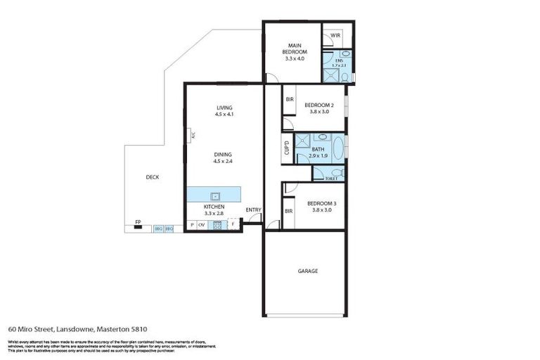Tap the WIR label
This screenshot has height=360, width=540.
click(x=335, y=34)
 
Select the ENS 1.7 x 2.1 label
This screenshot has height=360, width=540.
click(x=340, y=63)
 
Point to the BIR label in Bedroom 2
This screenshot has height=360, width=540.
click(x=289, y=100)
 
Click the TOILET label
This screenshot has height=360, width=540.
click(x=331, y=179)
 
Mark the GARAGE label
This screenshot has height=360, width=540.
click(x=307, y=271)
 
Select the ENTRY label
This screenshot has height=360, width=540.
click(x=253, y=210)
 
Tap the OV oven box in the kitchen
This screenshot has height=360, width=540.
click(x=201, y=225)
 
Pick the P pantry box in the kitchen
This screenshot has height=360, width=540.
click(x=191, y=225)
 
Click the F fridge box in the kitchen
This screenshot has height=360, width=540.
click(x=233, y=225)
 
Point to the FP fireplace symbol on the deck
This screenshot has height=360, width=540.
click(x=139, y=224)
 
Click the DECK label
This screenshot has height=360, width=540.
click(x=151, y=177)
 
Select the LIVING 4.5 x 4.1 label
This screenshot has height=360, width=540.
click(x=224, y=111)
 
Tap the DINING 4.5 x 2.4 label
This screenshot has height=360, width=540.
click(x=223, y=157)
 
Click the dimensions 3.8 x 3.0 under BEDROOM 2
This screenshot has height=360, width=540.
click(x=317, y=111)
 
